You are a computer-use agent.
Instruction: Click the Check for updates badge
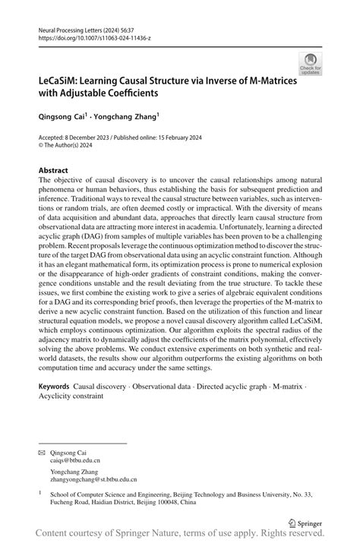[309, 63]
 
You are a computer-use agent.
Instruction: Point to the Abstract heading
[52, 171]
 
